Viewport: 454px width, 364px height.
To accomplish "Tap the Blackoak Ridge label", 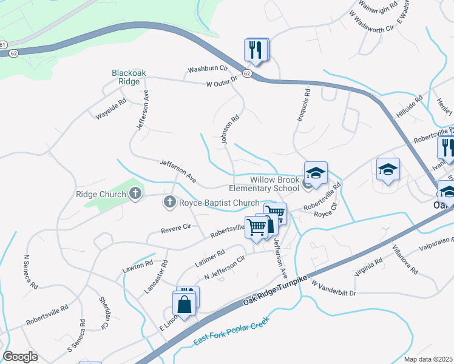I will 129,77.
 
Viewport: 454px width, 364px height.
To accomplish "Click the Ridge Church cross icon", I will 135,194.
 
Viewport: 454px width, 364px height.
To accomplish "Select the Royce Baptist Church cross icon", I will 170,203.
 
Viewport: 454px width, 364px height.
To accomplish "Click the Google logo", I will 20,357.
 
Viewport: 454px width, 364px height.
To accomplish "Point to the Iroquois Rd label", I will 307,103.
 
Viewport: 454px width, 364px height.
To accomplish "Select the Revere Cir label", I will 176,229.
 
